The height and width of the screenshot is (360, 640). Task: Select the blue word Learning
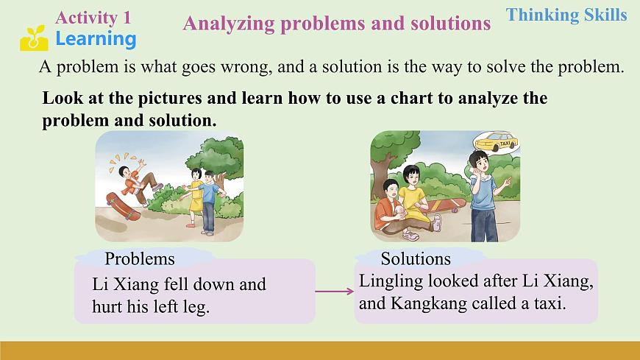pos(96,39)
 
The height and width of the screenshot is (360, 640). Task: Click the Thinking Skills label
pos(567,15)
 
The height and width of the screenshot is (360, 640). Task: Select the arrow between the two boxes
pos(334,292)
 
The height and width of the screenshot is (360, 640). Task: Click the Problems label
pos(140,258)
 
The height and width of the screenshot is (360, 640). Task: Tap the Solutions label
pos(416,258)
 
